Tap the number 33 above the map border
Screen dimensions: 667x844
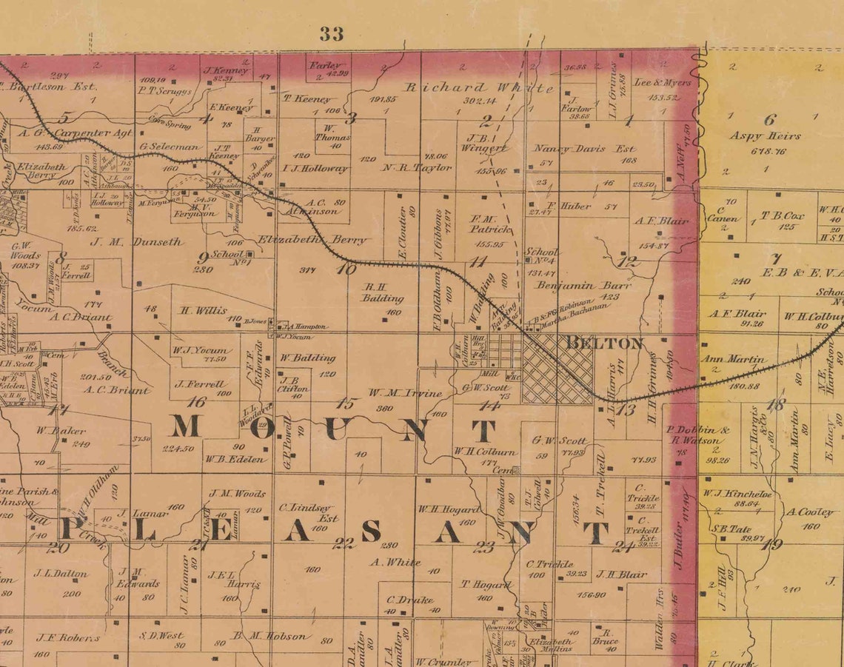click(332, 33)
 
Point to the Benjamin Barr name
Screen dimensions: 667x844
click(585, 285)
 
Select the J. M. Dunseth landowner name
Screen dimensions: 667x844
click(137, 241)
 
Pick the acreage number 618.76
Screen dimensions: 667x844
click(768, 151)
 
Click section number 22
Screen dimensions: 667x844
click(343, 543)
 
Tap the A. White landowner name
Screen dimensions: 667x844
click(395, 562)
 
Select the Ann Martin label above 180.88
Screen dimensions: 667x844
click(733, 359)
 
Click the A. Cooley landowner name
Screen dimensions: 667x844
click(809, 512)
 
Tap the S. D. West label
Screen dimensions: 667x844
click(161, 635)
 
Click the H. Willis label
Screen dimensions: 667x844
click(203, 310)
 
